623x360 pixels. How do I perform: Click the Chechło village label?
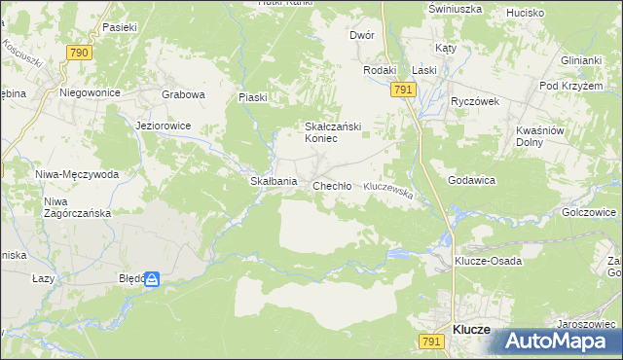click(331, 186)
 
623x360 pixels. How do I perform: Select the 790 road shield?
click(80, 52)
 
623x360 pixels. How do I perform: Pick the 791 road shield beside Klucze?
click(431, 341)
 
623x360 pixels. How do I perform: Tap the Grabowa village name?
click(183, 95)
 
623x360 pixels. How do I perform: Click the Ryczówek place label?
click(474, 101)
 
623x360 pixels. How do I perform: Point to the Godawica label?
click(472, 181)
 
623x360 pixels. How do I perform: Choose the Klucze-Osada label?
click(489, 262)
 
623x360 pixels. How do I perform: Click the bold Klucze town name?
click(471, 330)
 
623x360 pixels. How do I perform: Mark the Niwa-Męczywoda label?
click(77, 174)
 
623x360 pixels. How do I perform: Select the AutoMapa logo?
click(559, 342)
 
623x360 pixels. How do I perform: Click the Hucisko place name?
click(525, 14)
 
